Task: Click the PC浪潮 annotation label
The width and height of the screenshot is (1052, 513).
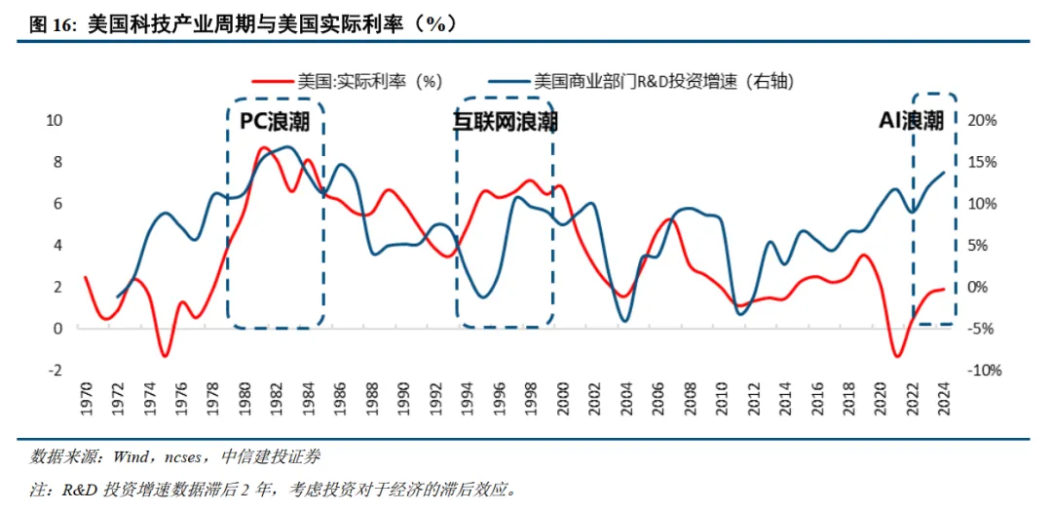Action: coord(276,121)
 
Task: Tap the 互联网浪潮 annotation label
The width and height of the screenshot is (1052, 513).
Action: coord(505,121)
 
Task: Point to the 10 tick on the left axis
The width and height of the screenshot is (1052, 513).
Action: coord(55,121)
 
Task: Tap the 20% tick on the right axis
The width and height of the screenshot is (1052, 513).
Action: coord(982,121)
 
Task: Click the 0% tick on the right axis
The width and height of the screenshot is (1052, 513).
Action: coord(978,288)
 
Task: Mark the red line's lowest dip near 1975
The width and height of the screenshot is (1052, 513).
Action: coord(166,355)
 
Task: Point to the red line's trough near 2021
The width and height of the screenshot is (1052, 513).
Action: coord(897,356)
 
